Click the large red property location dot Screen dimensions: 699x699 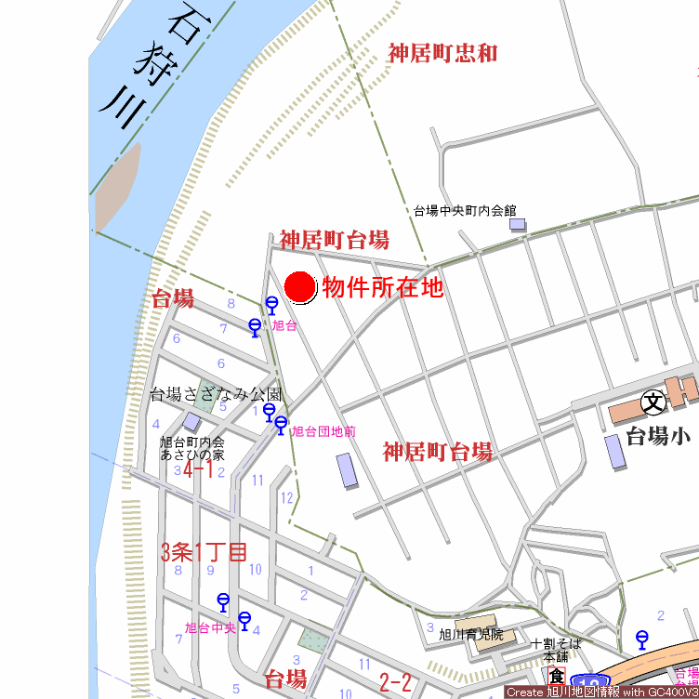click(x=300, y=287)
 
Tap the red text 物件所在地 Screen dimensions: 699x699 click(x=383, y=288)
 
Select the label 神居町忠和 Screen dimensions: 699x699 click(x=442, y=53)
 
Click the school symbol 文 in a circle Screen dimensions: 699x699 click(x=653, y=402)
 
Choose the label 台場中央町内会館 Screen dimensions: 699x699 click(x=465, y=211)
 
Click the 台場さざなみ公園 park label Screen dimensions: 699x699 click(x=216, y=394)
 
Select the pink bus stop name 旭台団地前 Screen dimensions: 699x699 click(x=323, y=432)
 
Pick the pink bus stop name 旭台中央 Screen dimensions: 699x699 click(x=210, y=627)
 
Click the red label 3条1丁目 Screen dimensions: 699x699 click(x=204, y=552)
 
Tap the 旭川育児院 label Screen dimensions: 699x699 click(x=471, y=635)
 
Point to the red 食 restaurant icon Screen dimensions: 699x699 click(x=556, y=677)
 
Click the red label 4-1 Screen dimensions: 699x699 click(x=198, y=470)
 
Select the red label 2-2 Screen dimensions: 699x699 click(x=396, y=683)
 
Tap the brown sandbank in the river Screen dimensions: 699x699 click(x=117, y=186)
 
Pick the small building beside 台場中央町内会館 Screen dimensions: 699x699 click(x=518, y=225)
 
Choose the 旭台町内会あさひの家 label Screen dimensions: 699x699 click(x=192, y=449)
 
